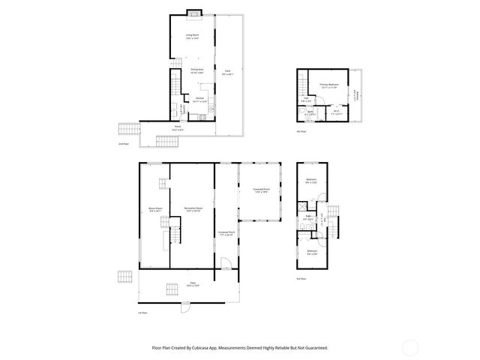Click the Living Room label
click(192, 35)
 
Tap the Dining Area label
click(197, 70)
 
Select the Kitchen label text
click(199, 98)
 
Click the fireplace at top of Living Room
click(193, 13)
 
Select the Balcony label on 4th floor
click(357, 94)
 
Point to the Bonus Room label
click(155, 208)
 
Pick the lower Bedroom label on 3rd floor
click(311, 252)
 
